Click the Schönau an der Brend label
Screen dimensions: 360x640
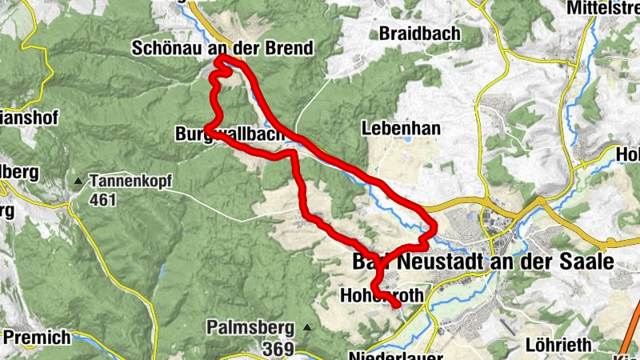coord(222,50)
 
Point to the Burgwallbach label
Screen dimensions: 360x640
coord(229,137)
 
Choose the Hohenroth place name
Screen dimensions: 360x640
coord(382,295)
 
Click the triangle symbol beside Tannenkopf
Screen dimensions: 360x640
coord(78,182)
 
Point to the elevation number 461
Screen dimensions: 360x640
coord(103,199)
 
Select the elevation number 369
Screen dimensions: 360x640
coord(279,348)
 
